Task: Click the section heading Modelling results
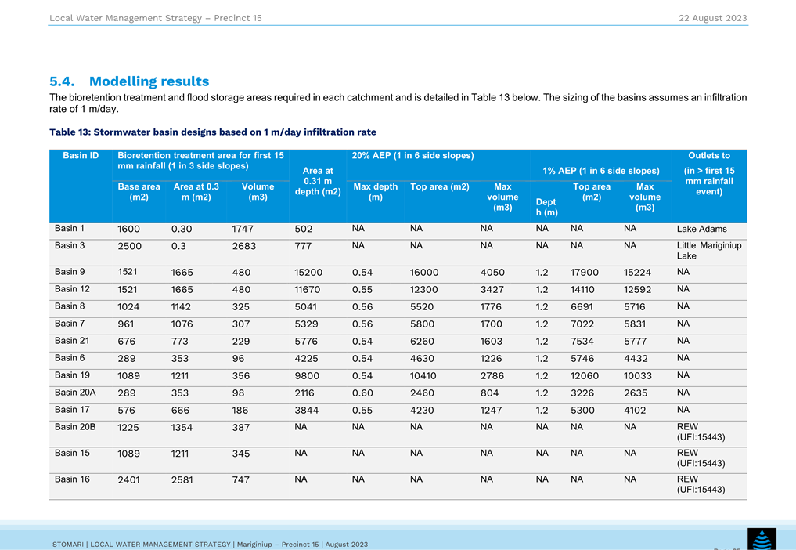tap(149, 81)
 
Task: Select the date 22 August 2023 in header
tap(713, 18)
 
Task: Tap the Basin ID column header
tap(81, 156)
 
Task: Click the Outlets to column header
tap(708, 156)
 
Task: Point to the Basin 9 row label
tap(70, 272)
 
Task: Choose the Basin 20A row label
tap(75, 393)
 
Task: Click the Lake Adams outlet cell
tap(701, 229)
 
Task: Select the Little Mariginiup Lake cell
tap(708, 251)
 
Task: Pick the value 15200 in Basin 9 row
tap(308, 273)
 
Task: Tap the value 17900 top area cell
tap(585, 273)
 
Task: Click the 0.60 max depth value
tap(362, 393)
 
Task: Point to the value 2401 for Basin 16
tap(128, 479)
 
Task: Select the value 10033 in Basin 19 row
tap(637, 375)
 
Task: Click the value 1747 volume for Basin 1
tap(243, 229)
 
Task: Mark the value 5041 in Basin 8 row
tap(306, 307)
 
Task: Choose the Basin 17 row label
tap(72, 410)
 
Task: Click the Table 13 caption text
tap(213, 132)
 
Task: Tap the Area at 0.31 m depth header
tap(318, 181)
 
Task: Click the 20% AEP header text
tap(412, 156)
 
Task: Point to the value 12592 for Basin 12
tap(637, 290)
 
